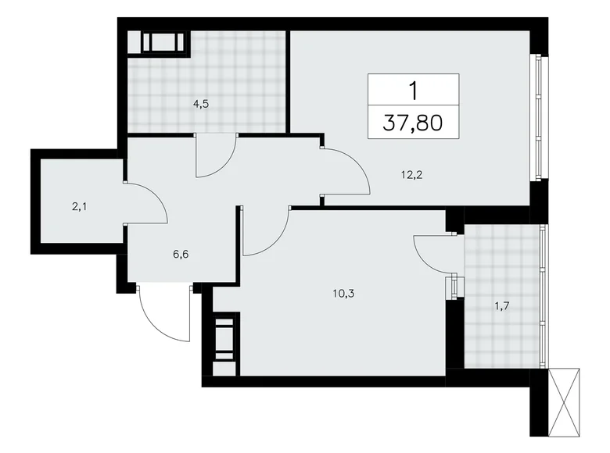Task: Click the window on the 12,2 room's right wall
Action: [x=537, y=117]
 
